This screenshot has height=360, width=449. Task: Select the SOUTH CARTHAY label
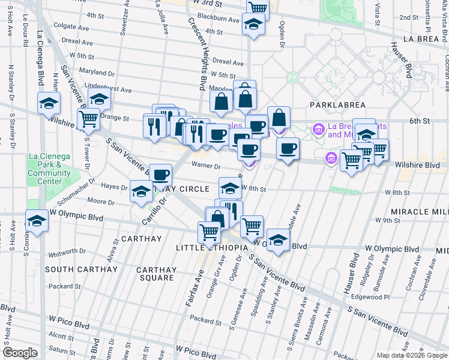[81, 269]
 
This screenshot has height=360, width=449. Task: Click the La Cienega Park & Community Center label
[49, 169]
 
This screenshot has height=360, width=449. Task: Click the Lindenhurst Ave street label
[108, 89]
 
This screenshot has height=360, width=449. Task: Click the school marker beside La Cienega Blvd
[49, 103]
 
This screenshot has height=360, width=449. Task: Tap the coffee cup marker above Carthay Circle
[160, 175]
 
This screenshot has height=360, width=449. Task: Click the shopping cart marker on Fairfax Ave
[209, 232]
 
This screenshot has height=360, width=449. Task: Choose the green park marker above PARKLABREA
[292, 77]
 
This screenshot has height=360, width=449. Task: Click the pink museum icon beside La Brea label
[318, 128]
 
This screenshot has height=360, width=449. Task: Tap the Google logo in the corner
[20, 353]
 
